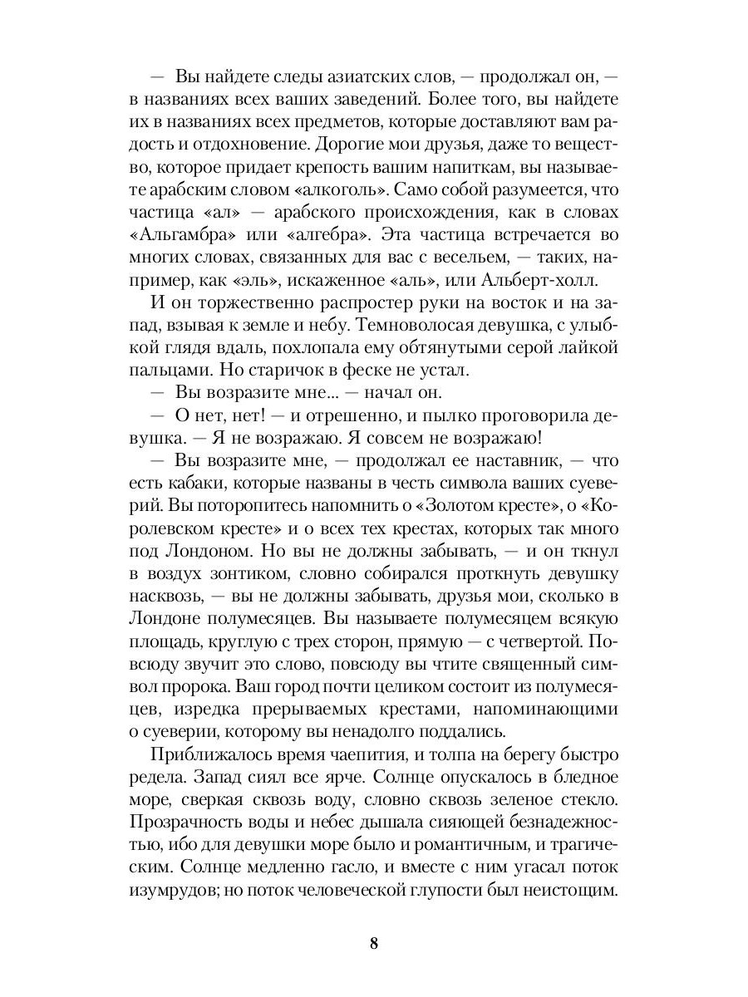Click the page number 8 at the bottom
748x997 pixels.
(x=374, y=943)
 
